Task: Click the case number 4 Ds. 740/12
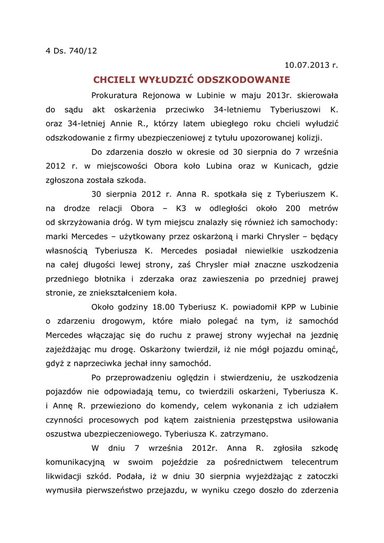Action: pos(71,51)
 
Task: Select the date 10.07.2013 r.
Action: pos(311,66)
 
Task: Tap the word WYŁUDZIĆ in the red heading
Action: pos(165,80)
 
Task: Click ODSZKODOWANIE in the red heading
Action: pos(243,80)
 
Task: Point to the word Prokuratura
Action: pos(115,95)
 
